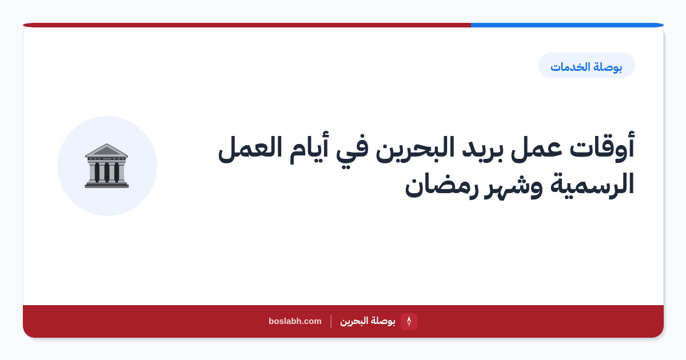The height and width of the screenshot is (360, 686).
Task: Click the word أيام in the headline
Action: [309, 148]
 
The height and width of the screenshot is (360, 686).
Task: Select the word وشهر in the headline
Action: [513, 186]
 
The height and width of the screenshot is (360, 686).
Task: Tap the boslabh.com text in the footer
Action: [295, 321]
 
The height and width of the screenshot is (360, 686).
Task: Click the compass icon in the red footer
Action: [409, 321]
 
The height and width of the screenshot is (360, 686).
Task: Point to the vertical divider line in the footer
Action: [331, 321]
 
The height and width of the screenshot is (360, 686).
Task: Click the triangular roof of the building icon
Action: [106, 151]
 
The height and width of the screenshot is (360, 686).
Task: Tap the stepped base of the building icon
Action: [106, 184]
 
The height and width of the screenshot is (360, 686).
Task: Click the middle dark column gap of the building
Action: [106, 172]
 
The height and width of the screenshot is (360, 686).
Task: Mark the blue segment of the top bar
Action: [567, 25]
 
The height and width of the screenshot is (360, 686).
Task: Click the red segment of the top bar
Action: [247, 25]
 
